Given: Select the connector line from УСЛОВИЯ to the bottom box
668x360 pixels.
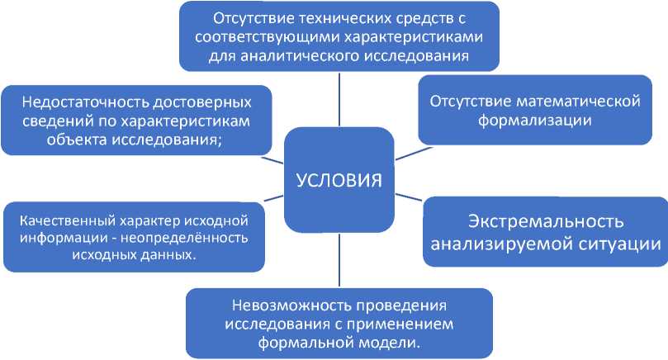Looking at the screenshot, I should pyautogui.click(x=339, y=260).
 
